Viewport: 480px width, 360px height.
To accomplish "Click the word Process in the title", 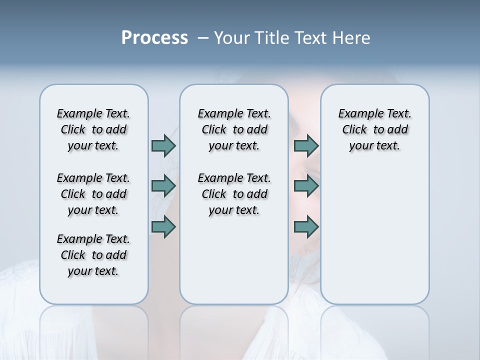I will click(154, 37).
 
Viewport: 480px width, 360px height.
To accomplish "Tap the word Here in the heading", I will click(351, 37).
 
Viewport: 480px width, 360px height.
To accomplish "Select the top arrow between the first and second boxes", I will click(163, 145).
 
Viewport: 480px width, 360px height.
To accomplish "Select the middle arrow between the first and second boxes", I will click(163, 186).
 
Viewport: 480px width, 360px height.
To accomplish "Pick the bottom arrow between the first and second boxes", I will click(163, 226).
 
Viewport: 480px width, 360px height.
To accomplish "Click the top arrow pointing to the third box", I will click(306, 145).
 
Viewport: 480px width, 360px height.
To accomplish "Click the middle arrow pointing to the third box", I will click(306, 186).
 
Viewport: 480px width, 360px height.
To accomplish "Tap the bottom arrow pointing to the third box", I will click(306, 226).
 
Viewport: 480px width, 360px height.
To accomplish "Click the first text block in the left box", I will click(93, 129).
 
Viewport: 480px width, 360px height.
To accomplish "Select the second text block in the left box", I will click(93, 194).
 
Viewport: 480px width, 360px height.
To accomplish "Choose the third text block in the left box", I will click(93, 255).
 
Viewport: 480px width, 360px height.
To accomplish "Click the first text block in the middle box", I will click(234, 129).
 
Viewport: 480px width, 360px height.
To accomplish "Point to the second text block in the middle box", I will click(234, 194).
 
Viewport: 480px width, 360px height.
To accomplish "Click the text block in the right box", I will click(374, 129).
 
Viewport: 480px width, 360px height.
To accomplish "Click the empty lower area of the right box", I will click(374, 235).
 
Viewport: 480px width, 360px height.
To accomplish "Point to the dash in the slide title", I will click(203, 38).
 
